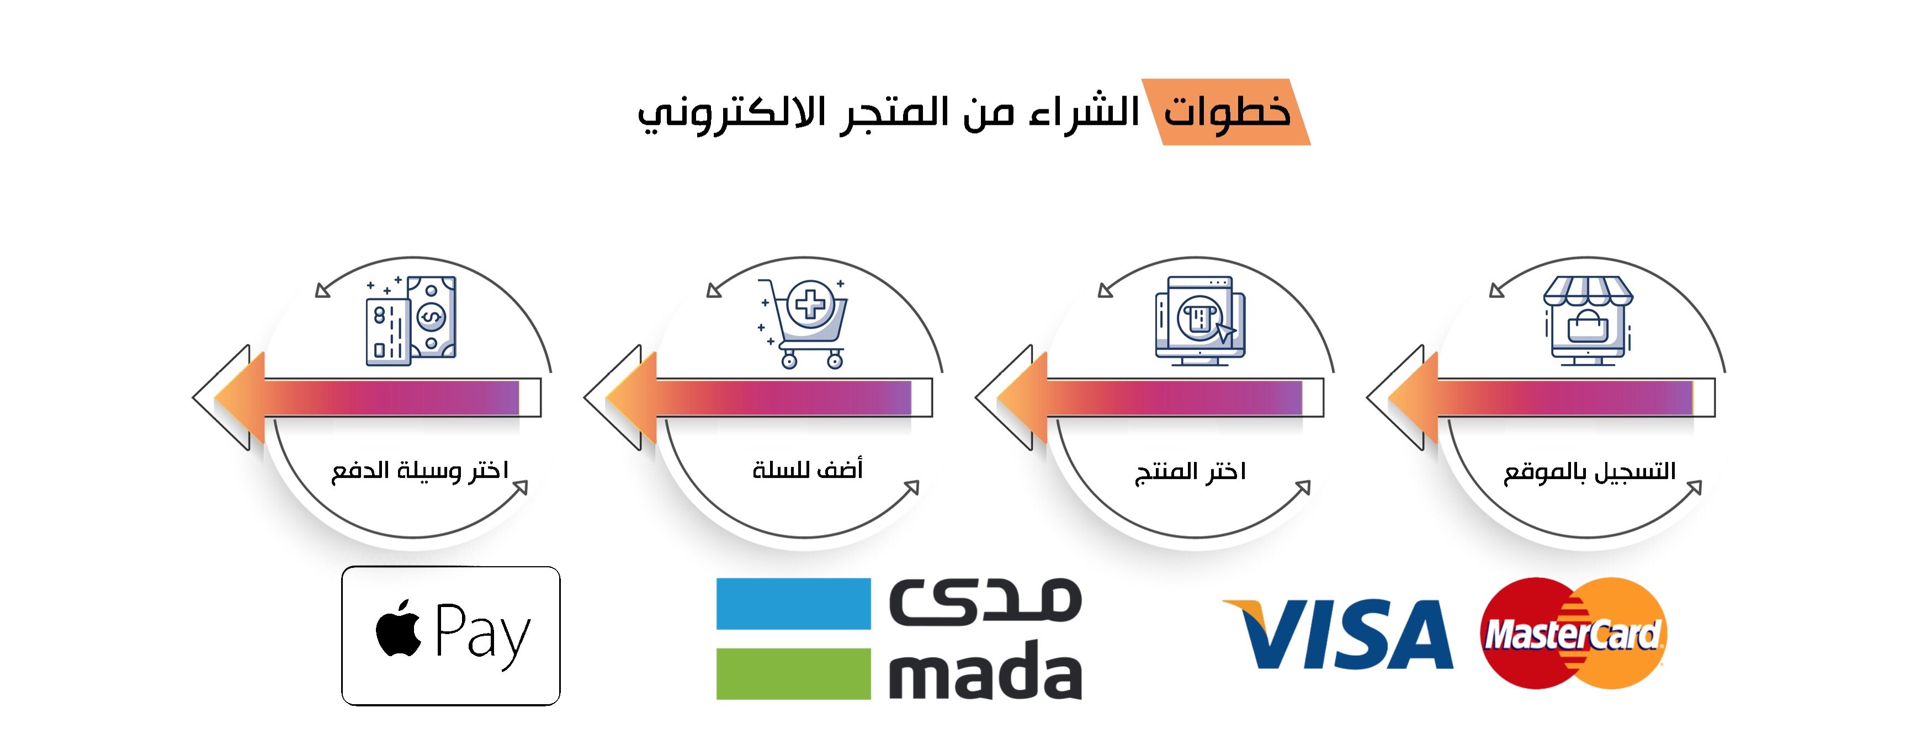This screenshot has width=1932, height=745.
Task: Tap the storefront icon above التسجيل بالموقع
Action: tap(1588, 321)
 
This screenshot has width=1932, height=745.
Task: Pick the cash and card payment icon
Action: tap(410, 321)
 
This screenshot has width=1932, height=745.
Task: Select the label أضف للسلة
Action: tap(808, 469)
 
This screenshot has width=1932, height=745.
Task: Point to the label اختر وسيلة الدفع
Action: tap(420, 471)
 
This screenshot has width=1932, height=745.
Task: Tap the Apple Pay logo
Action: tap(451, 636)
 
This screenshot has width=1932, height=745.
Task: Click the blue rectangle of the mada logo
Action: tap(794, 603)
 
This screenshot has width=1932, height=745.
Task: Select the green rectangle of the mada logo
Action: tap(794, 674)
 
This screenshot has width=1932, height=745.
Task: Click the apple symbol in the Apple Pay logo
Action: tap(398, 628)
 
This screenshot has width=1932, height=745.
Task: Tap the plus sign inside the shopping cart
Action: tap(810, 306)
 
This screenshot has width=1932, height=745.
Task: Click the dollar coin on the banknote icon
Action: tap(431, 317)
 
